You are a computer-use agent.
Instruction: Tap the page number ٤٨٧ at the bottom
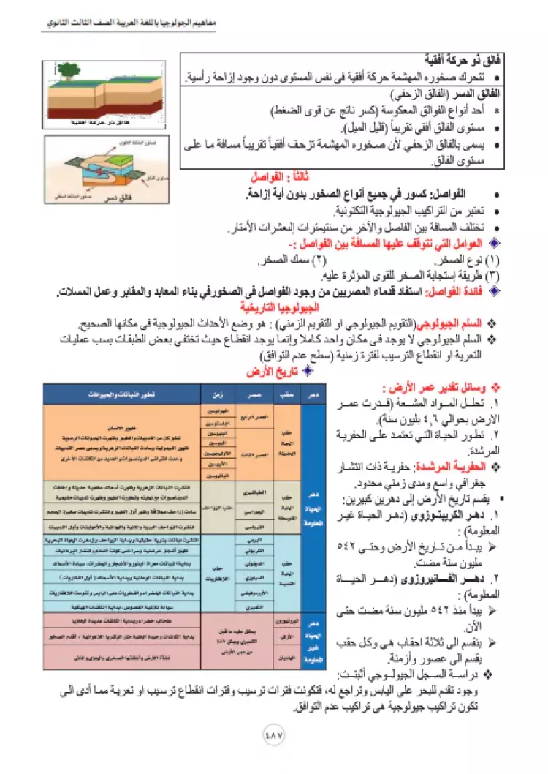point(273,734)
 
